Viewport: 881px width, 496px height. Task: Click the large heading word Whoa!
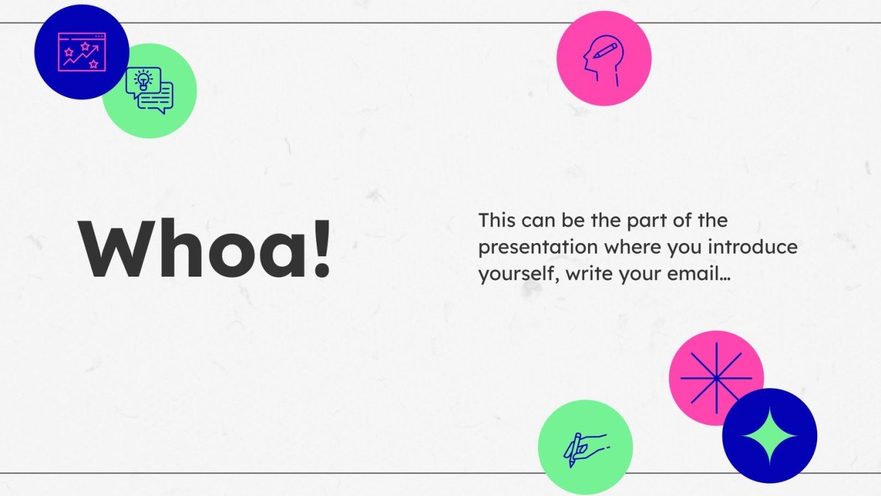click(x=204, y=249)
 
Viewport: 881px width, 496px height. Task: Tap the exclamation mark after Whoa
click(x=321, y=249)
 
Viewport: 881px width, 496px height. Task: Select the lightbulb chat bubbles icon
click(x=149, y=91)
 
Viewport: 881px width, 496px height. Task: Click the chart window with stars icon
click(x=82, y=52)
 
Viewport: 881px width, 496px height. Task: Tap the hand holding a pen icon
click(x=585, y=448)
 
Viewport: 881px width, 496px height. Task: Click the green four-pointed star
click(x=769, y=436)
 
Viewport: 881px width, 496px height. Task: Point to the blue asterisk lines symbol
click(x=716, y=378)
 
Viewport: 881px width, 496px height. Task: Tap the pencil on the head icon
click(x=610, y=50)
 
